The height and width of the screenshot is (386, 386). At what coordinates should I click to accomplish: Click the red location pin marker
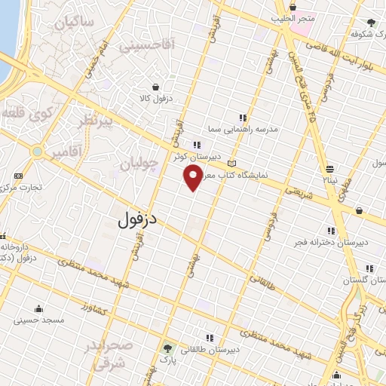pyautogui.click(x=193, y=179)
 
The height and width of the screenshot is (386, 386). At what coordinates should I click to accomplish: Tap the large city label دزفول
pyautogui.click(x=141, y=219)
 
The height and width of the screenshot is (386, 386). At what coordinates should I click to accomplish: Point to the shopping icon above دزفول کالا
pyautogui.click(x=155, y=87)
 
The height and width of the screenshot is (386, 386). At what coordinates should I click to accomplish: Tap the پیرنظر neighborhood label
pyautogui.click(x=96, y=120)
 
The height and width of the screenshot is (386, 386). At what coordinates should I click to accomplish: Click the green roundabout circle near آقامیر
pyautogui.click(x=37, y=152)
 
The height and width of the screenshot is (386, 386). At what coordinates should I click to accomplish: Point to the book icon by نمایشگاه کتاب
pyautogui.click(x=231, y=164)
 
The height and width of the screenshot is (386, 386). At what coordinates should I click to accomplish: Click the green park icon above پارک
pyautogui.click(x=167, y=349)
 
